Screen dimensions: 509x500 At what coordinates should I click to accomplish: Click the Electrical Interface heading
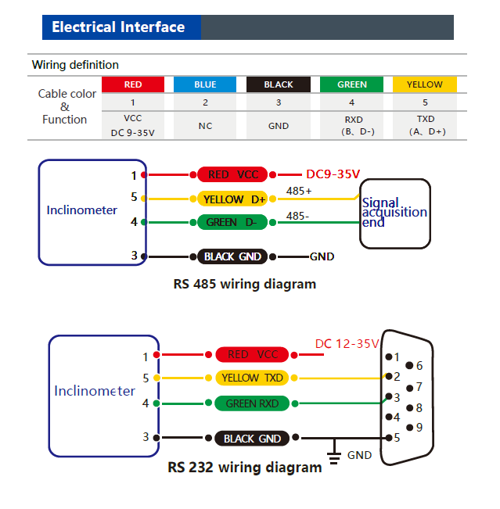click(x=118, y=27)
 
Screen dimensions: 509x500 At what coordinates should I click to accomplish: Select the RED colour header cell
click(x=133, y=84)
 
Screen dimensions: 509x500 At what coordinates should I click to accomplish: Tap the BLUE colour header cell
click(x=205, y=84)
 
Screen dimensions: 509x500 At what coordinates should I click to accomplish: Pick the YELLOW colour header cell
click(x=425, y=84)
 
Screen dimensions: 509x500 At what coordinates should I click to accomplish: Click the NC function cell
click(x=205, y=125)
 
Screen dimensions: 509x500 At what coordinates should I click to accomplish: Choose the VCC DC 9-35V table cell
click(x=133, y=125)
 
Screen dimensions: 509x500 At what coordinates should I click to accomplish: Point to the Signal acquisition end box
click(x=395, y=213)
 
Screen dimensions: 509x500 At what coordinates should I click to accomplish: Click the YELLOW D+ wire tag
click(x=232, y=199)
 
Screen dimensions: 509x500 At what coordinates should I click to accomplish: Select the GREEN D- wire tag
click(x=232, y=223)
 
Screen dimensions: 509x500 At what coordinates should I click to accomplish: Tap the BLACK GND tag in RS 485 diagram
click(x=232, y=256)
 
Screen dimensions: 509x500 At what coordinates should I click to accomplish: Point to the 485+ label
click(x=299, y=191)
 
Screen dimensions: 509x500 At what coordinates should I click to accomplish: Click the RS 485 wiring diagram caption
click(x=244, y=284)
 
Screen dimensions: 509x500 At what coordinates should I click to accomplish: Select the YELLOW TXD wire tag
click(x=251, y=378)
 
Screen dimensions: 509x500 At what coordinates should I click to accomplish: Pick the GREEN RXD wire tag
click(x=251, y=403)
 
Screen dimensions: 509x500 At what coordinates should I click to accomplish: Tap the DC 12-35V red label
click(x=346, y=344)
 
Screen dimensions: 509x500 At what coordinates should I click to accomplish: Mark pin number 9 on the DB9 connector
click(x=419, y=427)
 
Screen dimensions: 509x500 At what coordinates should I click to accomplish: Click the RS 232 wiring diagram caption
click(x=244, y=468)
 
